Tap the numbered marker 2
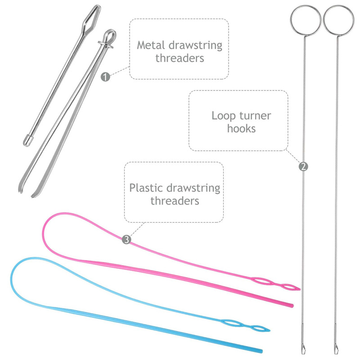(303, 166)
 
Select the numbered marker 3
(126, 240)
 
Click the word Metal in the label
(152, 45)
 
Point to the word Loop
(223, 116)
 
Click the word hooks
(241, 128)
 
